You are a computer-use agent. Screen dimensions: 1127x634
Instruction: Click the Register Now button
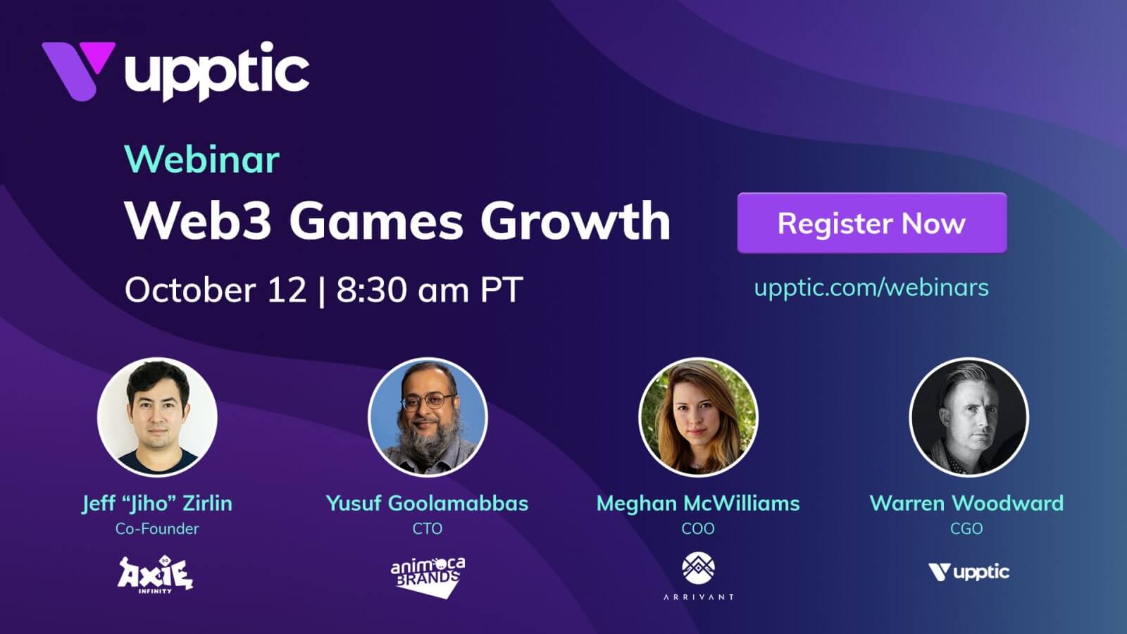[872, 223]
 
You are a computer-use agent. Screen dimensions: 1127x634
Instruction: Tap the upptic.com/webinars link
[871, 288]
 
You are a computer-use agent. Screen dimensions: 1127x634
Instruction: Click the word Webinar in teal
[201, 159]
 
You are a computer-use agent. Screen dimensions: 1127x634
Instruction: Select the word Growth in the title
[575, 221]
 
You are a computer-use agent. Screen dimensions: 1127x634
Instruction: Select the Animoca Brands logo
[428, 577]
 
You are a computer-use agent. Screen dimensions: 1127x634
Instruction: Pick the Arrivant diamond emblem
[698, 568]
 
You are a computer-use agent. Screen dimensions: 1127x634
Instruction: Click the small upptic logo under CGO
[969, 573]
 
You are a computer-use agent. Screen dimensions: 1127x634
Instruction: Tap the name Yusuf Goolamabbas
[427, 503]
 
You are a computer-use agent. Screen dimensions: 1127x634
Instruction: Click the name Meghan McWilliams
[698, 503]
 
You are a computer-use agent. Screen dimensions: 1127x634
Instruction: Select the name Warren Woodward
[966, 503]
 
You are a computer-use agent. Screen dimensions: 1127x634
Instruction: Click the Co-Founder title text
[157, 529]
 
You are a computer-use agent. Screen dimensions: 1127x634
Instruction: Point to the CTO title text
[427, 529]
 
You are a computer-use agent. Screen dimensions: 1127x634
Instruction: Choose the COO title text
[698, 529]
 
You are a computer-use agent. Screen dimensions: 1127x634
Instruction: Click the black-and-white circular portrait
[969, 417]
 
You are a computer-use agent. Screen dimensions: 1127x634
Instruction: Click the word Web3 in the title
[199, 221]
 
